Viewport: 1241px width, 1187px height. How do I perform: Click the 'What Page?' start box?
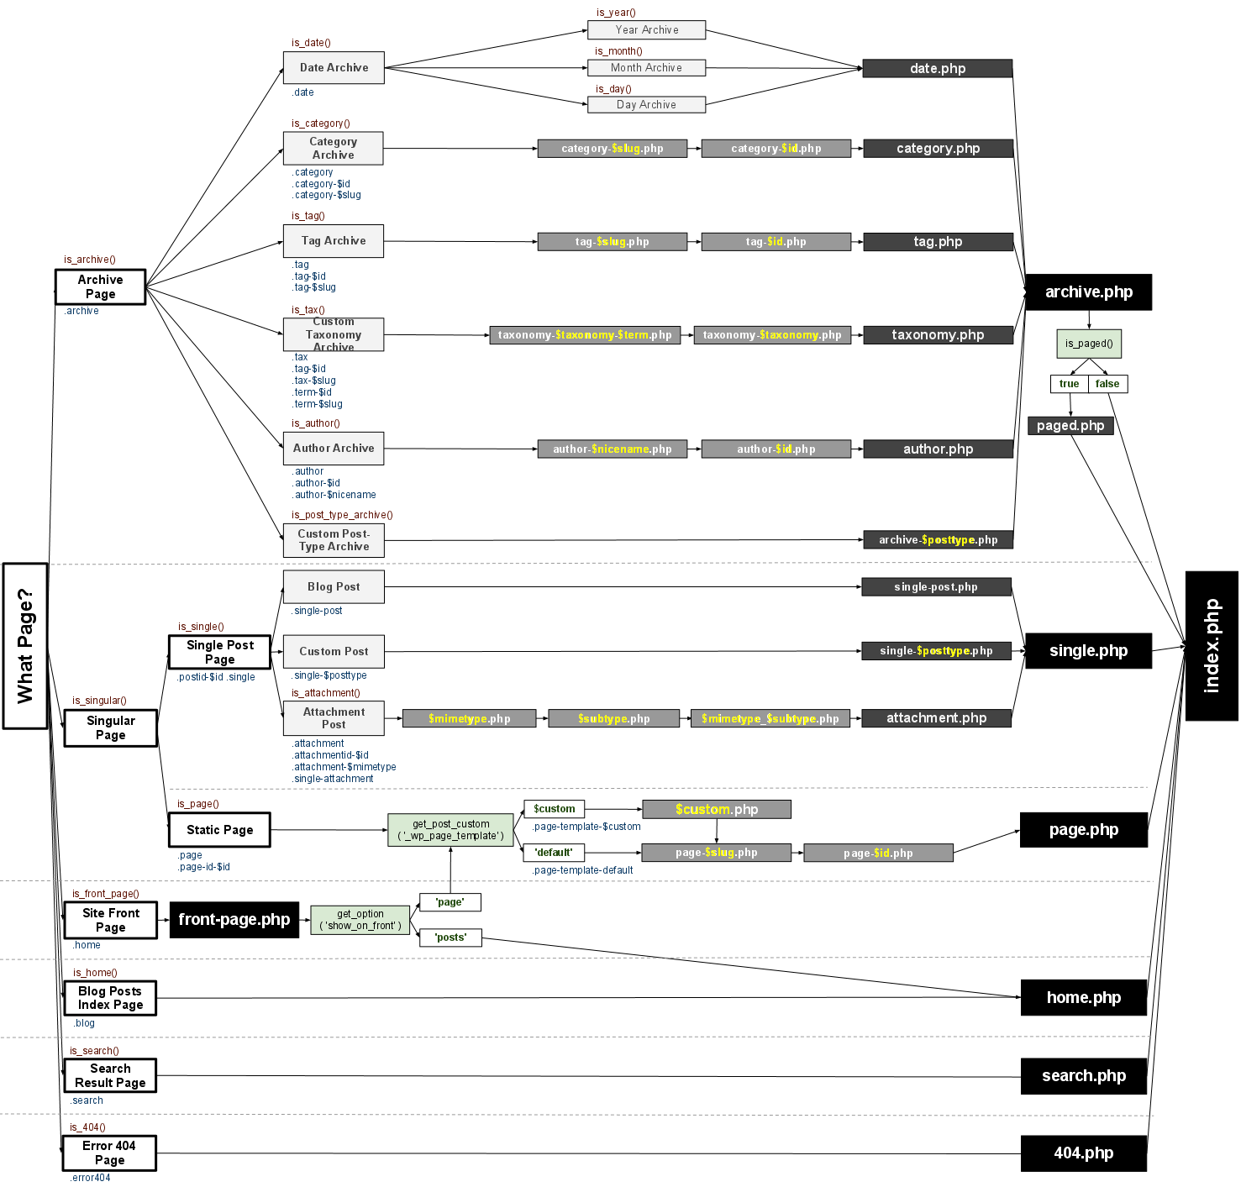tap(25, 645)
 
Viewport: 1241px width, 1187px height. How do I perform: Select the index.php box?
tap(1211, 645)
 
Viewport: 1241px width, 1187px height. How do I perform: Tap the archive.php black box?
tap(1088, 292)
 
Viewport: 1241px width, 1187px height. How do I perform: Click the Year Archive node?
tap(646, 30)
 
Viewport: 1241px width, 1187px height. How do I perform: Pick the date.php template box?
tap(937, 69)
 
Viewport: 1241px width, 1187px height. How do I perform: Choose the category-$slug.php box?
tap(612, 149)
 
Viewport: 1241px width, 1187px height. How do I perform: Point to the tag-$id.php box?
tap(776, 242)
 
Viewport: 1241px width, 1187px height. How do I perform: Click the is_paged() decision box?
tap(1088, 344)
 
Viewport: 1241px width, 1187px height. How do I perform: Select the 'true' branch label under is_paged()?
tap(1069, 384)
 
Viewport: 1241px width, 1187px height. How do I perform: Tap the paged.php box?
tap(1070, 426)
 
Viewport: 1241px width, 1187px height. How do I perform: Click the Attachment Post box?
tap(334, 718)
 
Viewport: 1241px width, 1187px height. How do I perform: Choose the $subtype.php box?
tap(613, 718)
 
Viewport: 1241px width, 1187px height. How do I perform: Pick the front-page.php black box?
tap(234, 920)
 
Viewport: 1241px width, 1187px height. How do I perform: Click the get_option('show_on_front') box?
tap(360, 920)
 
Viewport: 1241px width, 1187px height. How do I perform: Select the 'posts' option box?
tap(450, 938)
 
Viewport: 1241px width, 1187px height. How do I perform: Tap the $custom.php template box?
tap(716, 809)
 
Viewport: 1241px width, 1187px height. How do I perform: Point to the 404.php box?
tap(1083, 1153)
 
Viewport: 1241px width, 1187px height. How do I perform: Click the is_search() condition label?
tap(94, 1051)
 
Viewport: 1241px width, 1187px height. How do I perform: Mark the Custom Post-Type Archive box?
tap(334, 540)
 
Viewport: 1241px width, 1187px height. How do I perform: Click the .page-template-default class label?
tap(582, 870)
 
